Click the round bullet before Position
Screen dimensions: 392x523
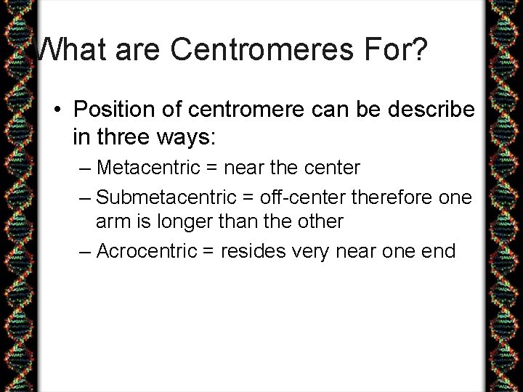pos(58,110)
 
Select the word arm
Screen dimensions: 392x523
pos(113,221)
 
